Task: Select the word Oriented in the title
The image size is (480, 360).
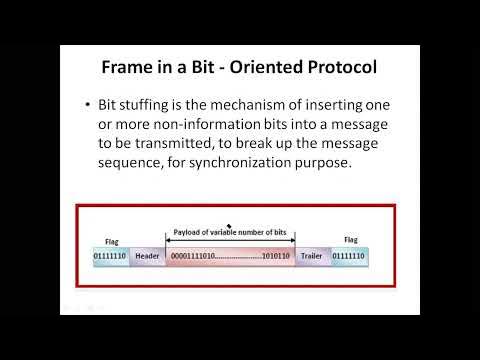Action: [265, 71]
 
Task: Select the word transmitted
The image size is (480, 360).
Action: [177, 144]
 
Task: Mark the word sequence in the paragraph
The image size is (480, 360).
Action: [134, 163]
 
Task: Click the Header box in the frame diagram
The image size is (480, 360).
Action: [147, 257]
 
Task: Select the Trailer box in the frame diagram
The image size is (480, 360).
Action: [311, 257]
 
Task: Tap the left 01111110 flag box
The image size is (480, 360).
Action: [111, 257]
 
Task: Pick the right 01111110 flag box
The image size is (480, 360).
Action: [348, 257]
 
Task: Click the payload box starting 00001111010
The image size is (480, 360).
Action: [229, 257]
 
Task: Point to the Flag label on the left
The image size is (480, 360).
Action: [111, 241]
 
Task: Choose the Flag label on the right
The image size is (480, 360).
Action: [351, 240]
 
